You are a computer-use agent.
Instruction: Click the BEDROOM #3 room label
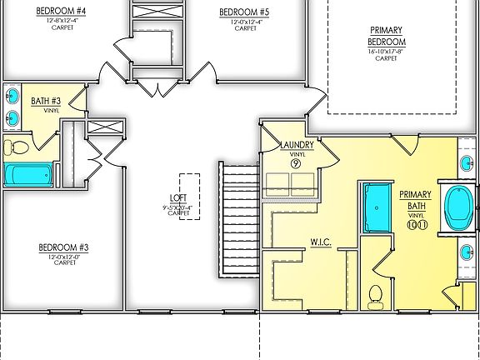(62, 247)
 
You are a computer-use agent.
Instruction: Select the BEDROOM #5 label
(244, 12)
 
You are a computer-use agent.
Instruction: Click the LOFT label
(178, 197)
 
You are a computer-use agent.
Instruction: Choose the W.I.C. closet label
(321, 242)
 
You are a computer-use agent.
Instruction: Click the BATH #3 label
(44, 102)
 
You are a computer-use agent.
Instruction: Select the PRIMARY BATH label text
(415, 200)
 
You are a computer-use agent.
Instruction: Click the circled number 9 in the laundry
(296, 163)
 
